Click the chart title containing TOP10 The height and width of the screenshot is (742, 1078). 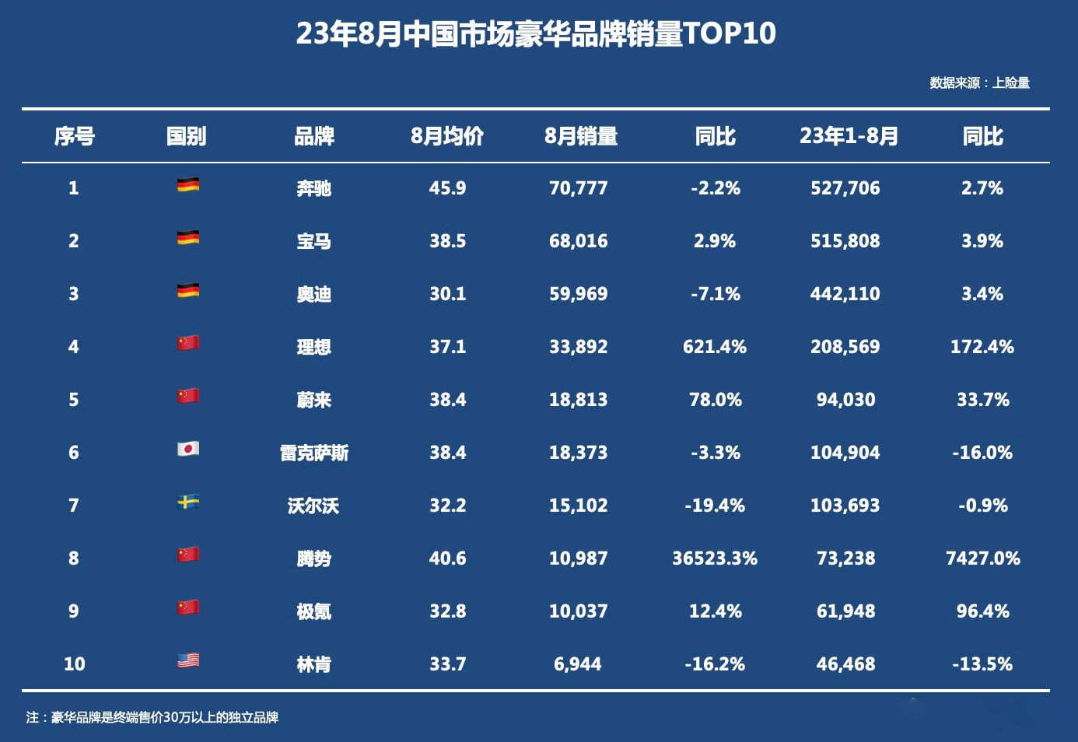[536, 34]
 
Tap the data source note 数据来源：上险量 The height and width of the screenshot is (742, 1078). [979, 83]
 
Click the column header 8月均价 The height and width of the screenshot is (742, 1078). [447, 137]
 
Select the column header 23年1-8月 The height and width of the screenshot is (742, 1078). [849, 137]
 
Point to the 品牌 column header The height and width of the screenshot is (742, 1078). [313, 137]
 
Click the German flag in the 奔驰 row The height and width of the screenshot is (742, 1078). [188, 185]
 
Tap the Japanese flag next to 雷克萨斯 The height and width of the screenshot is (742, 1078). [188, 450]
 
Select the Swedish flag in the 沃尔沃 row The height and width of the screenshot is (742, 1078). [188, 502]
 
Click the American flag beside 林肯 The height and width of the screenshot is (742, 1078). [188, 661]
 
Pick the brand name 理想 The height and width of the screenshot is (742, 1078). [313, 347]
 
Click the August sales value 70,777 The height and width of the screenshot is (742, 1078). [578, 188]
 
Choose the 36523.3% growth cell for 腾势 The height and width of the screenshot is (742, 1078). [714, 558]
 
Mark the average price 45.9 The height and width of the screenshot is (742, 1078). [447, 188]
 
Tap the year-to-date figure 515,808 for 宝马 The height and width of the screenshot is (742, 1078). [845, 241]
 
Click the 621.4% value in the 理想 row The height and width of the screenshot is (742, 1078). [714, 347]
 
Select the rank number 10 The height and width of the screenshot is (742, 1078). [74, 664]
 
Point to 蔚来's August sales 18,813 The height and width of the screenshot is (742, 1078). [578, 400]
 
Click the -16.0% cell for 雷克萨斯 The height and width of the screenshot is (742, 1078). [982, 453]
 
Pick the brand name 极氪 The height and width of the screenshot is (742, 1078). [313, 611]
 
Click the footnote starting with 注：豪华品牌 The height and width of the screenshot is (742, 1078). [152, 717]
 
